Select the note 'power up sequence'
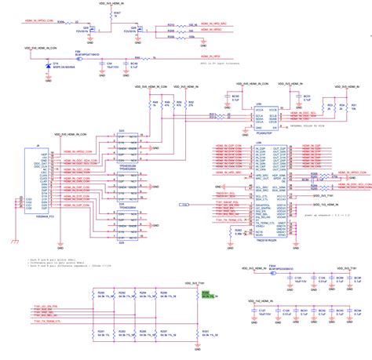(323, 213)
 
